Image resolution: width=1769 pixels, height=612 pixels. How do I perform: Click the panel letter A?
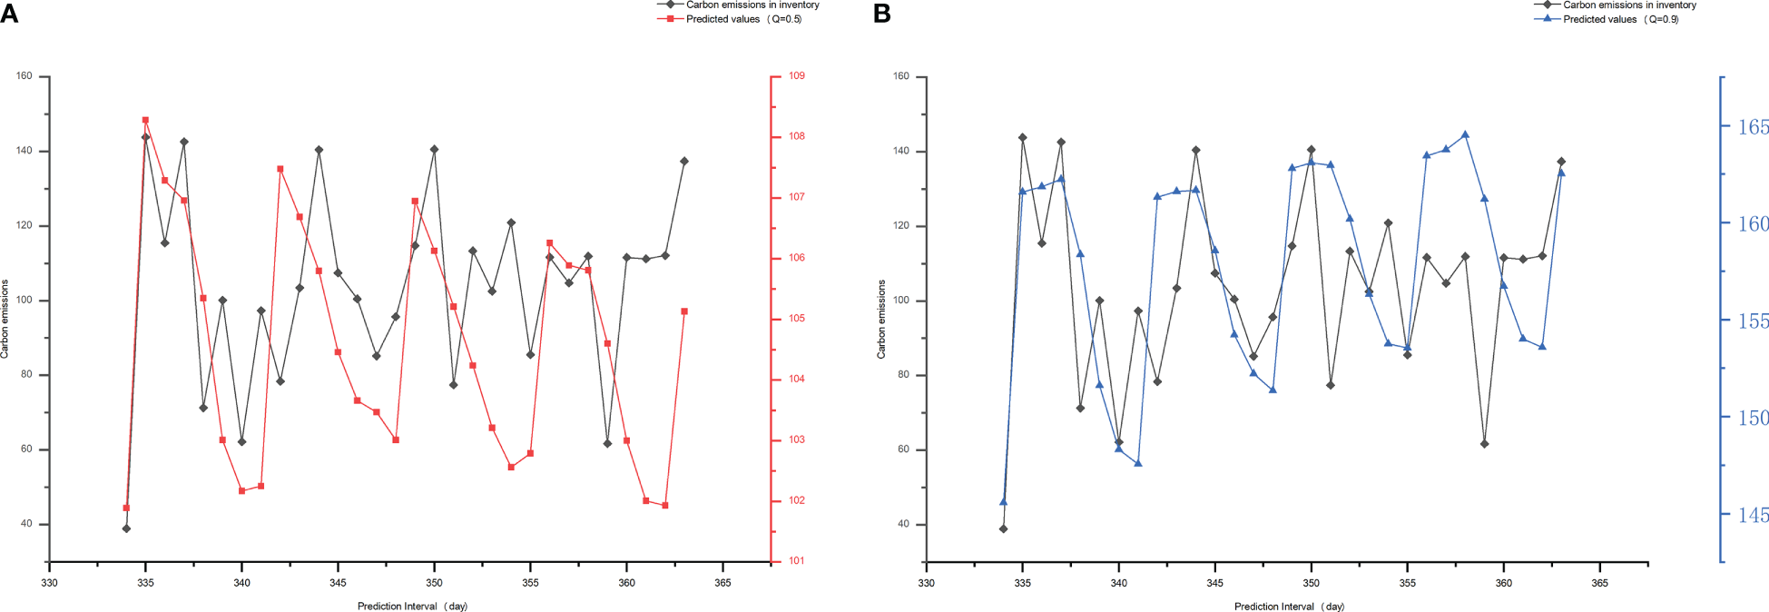9,14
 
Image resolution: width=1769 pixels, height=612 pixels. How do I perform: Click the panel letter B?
881,14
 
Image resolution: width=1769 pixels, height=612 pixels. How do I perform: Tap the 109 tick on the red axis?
796,76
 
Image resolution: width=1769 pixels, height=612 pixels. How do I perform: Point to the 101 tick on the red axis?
796,561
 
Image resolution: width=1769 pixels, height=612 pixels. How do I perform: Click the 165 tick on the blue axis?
1753,127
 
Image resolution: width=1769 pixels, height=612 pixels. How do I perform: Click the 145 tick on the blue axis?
1753,515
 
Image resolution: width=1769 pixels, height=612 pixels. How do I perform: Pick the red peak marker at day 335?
145,120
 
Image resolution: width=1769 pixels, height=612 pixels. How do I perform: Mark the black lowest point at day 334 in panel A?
126,528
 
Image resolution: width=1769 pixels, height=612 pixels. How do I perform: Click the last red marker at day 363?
684,311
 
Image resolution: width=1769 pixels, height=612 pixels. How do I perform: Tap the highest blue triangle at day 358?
1465,135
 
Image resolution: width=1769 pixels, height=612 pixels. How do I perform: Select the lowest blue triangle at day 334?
1003,501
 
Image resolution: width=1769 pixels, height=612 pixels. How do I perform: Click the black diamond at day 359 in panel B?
1484,444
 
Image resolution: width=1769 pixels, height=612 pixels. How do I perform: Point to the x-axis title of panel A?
412,607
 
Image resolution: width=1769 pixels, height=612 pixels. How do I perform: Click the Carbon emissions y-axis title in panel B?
881,319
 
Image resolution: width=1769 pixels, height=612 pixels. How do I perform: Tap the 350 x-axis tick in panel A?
434,583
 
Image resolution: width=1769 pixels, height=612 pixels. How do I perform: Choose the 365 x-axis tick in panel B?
1599,583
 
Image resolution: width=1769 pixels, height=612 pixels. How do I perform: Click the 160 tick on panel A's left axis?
25,76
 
